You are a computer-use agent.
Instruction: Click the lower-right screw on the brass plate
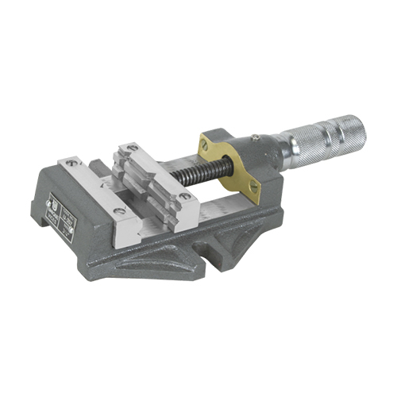(254, 187)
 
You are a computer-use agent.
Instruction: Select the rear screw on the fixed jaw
(72, 162)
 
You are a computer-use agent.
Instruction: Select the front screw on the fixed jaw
(119, 211)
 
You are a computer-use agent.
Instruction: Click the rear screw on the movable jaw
(131, 147)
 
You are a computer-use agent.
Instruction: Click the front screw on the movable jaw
(184, 196)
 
